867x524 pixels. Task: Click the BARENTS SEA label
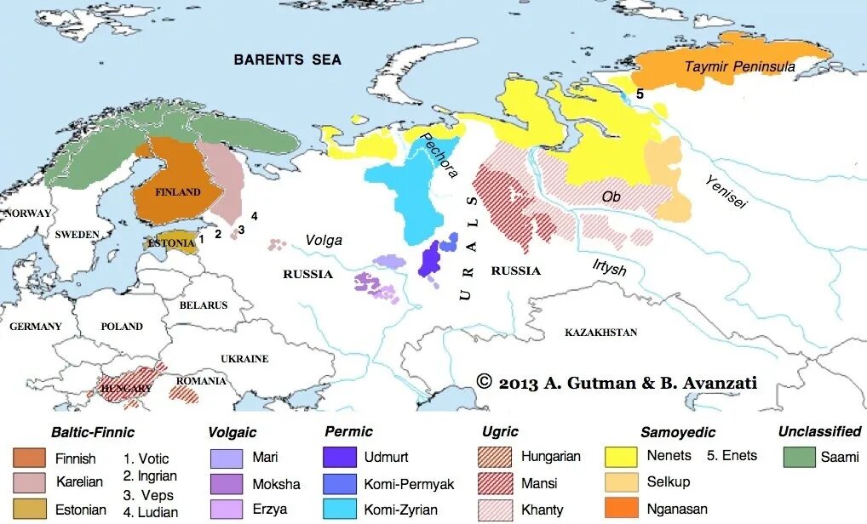pyautogui.click(x=288, y=60)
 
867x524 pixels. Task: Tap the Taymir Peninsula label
pyautogui.click(x=739, y=66)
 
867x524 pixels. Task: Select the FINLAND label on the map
pyautogui.click(x=178, y=192)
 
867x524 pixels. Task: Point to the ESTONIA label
pyautogui.click(x=171, y=242)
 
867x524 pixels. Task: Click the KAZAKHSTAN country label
pyautogui.click(x=600, y=332)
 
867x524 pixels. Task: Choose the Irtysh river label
pyautogui.click(x=610, y=269)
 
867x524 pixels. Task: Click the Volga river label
pyautogui.click(x=324, y=241)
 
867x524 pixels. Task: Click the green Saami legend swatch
pyautogui.click(x=800, y=457)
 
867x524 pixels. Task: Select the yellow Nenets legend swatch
pyautogui.click(x=622, y=457)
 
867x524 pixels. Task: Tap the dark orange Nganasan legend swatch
pyautogui.click(x=622, y=508)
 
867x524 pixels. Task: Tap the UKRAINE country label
pyautogui.click(x=244, y=359)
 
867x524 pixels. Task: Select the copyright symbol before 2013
pyautogui.click(x=485, y=382)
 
